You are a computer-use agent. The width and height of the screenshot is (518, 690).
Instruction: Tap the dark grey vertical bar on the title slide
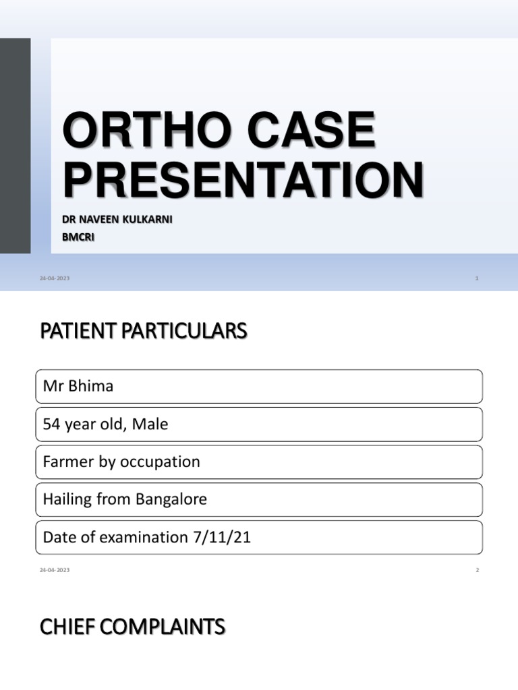[15, 145]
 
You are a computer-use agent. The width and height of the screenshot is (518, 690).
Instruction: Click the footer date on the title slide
[55, 278]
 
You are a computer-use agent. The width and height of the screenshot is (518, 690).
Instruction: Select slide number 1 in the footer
[476, 278]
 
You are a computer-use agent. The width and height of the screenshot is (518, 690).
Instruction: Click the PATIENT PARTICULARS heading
[144, 332]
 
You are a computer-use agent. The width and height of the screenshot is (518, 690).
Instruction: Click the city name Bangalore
[167, 500]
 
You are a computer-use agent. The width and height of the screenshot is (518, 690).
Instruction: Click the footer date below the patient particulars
[55, 570]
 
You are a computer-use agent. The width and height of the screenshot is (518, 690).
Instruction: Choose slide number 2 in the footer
[476, 570]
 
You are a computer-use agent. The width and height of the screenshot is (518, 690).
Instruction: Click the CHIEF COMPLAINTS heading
[132, 628]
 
